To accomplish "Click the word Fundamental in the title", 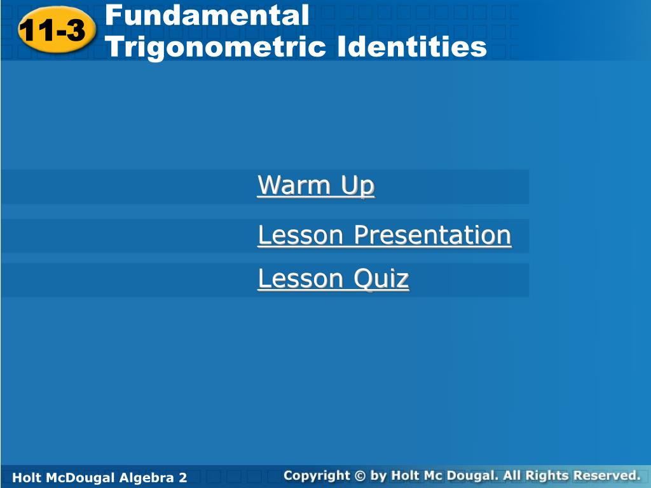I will tap(207, 15).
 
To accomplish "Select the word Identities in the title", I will tap(412, 47).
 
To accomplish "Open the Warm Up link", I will tap(316, 186).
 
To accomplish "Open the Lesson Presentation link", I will tap(384, 235).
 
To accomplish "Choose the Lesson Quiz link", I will tap(333, 278).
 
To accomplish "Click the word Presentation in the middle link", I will tap(432, 235).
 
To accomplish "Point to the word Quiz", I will tap(381, 279).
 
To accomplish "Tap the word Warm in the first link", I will tap(295, 186).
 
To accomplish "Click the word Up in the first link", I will tap(358, 186).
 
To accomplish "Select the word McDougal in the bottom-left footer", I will tap(78, 477).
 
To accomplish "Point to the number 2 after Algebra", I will tap(183, 477).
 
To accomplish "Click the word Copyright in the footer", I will tap(317, 475).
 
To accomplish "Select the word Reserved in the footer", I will tap(606, 475).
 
